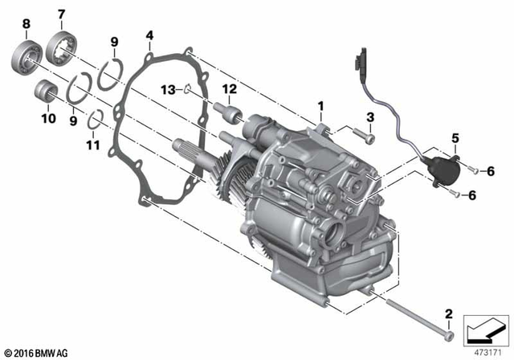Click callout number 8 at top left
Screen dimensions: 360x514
(x=27, y=23)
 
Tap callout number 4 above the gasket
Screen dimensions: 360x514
(x=149, y=35)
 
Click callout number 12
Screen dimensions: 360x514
(x=228, y=88)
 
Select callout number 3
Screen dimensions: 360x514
(x=370, y=118)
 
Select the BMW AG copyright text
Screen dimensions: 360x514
(x=35, y=351)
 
